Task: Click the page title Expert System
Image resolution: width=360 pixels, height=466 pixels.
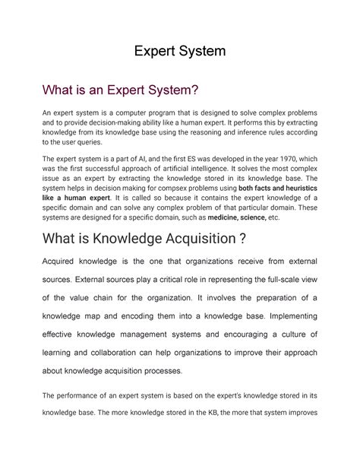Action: [179, 52]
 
